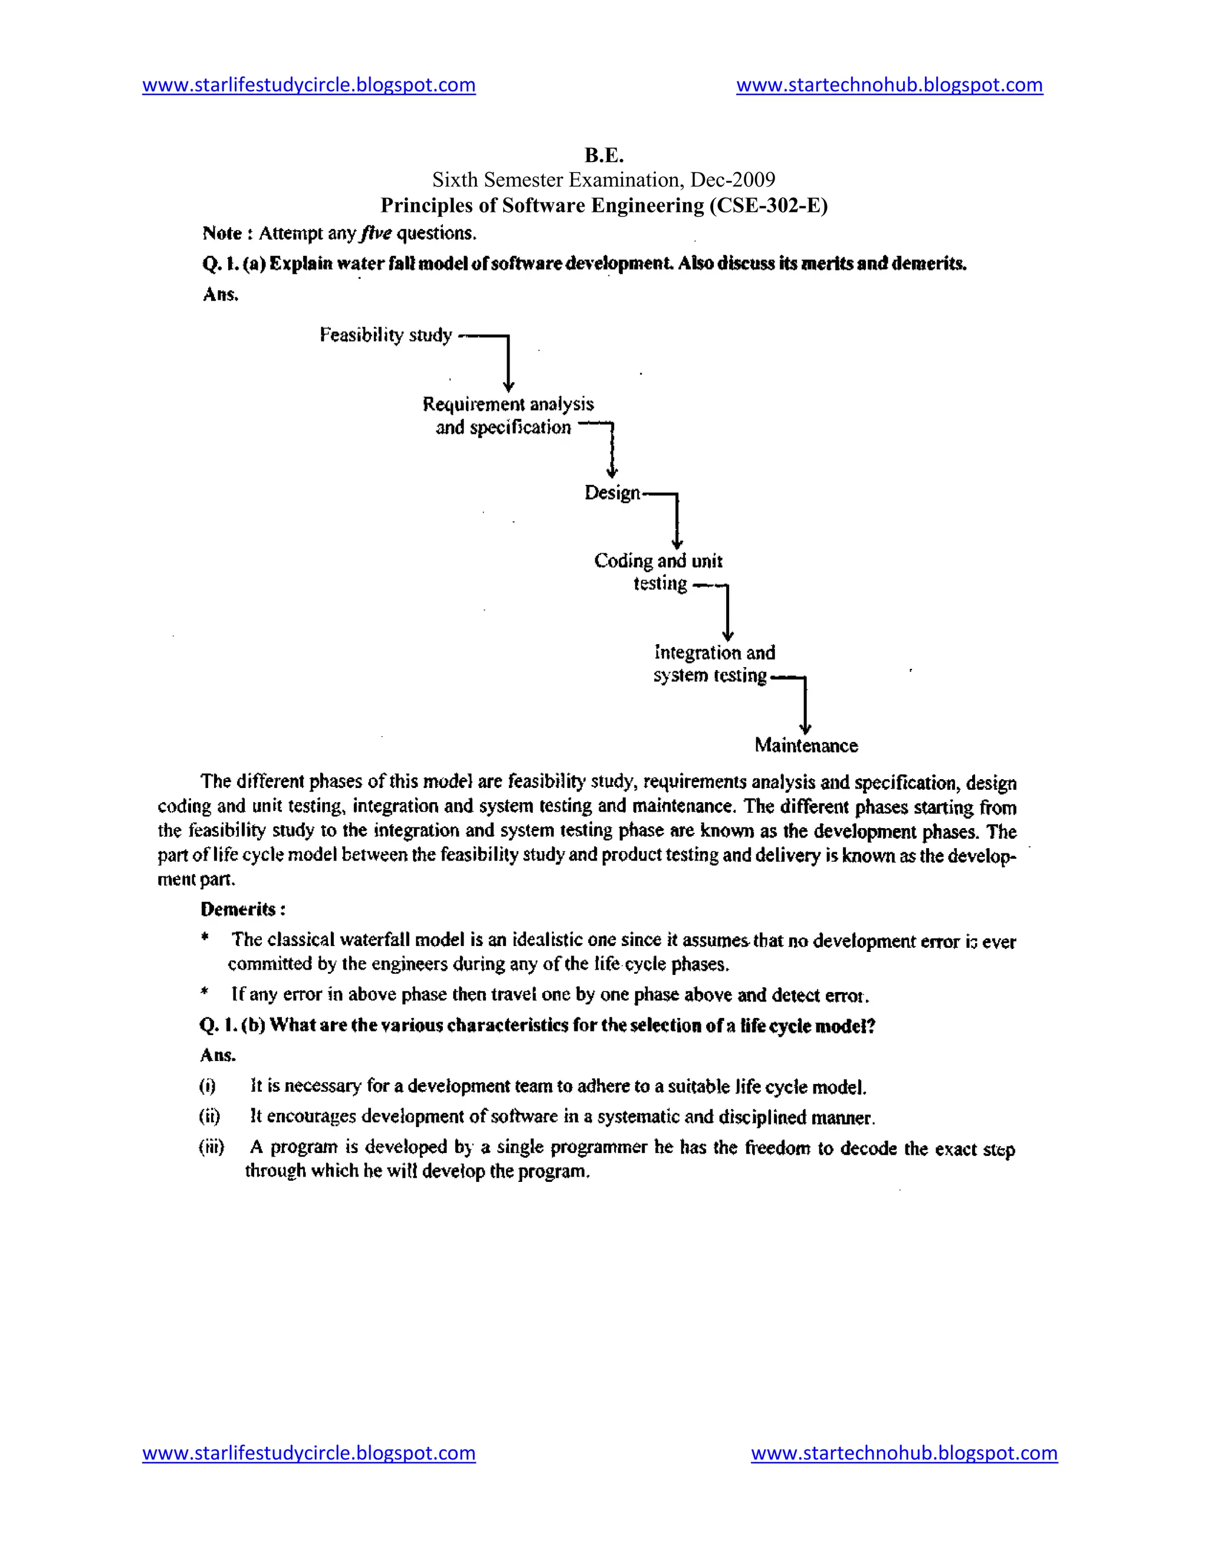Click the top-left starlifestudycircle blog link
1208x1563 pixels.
(x=308, y=85)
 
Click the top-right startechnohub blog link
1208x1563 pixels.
(x=889, y=85)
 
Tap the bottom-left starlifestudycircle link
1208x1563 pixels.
(x=308, y=1453)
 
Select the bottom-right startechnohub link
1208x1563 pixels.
(x=904, y=1453)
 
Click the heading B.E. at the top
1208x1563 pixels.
(x=604, y=155)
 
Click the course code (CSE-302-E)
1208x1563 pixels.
(x=769, y=205)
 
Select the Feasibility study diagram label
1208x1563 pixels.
(x=386, y=335)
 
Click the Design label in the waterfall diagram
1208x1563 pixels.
(x=612, y=492)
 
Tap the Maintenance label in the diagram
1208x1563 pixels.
(x=806, y=746)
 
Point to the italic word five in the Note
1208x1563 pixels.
(x=376, y=234)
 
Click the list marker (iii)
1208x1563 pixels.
(x=211, y=1147)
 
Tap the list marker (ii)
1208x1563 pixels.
(x=209, y=1117)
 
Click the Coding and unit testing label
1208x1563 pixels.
(x=658, y=572)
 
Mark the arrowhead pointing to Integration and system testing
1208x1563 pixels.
(x=728, y=636)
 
